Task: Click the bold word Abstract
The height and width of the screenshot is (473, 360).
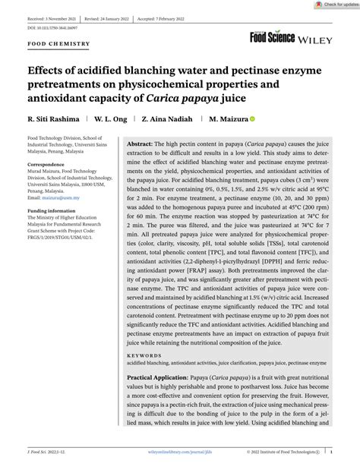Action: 139,143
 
